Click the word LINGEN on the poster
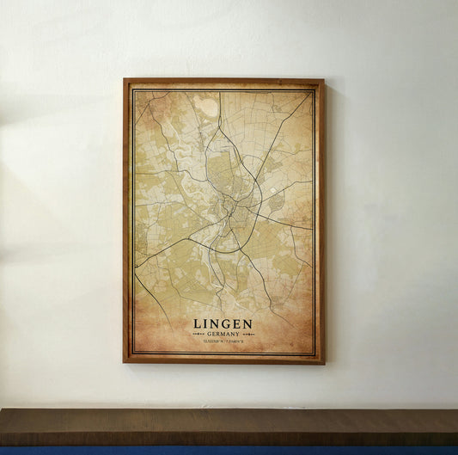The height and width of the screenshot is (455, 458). (x=223, y=324)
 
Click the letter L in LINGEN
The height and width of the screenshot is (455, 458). (x=198, y=324)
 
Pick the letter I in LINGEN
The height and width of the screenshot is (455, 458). (x=206, y=324)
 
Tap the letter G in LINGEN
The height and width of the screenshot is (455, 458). (x=226, y=324)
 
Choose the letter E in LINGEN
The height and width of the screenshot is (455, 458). (x=237, y=324)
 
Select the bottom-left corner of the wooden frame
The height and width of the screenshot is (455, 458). (x=125, y=361)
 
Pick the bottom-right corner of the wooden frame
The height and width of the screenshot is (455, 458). (x=323, y=361)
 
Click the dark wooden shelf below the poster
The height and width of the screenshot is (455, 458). (x=229, y=427)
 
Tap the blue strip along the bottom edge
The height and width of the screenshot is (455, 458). (x=229, y=451)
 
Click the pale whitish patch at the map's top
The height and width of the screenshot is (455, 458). (x=206, y=107)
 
